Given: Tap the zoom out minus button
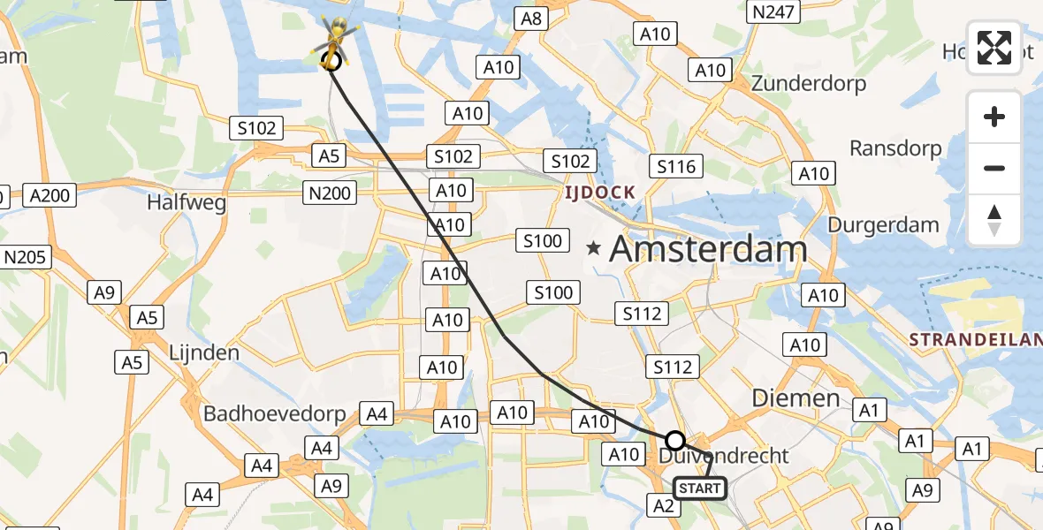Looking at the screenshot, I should point(994,168).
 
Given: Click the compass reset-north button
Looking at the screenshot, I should point(994,220).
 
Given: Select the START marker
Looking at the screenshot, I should point(700,488).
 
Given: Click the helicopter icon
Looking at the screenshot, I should point(336,40).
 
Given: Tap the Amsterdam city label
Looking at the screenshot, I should point(708,249).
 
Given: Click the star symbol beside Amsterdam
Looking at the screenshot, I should point(593,249).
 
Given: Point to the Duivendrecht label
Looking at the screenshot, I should point(724,456).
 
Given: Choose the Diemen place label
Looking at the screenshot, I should point(796,398).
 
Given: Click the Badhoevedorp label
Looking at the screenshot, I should point(276,413).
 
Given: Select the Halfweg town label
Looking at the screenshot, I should point(187,202).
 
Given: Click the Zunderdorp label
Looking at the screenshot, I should point(808,84).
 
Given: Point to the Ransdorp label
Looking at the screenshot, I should point(895,148).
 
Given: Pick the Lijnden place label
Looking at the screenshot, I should point(203,353).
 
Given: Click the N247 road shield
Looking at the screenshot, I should point(773,11).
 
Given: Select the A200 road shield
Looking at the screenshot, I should point(49,195).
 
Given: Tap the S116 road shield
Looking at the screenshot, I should point(676,166).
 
